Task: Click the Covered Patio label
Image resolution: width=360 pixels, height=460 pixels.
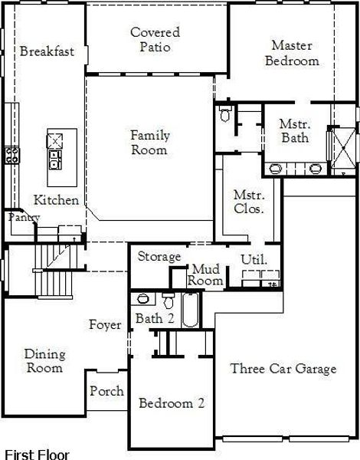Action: (x=155, y=40)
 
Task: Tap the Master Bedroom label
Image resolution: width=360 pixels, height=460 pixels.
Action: (x=292, y=53)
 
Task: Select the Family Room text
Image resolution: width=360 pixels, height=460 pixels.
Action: (x=149, y=143)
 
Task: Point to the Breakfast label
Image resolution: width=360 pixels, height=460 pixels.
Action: (x=47, y=51)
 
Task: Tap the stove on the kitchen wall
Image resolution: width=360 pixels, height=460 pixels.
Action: (x=11, y=155)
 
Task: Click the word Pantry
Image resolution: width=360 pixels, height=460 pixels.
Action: (x=23, y=218)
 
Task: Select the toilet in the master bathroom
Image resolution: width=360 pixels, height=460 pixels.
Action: (x=224, y=116)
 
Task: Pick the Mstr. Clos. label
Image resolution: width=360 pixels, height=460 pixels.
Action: (x=248, y=202)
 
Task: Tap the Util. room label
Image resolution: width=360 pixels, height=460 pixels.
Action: (x=254, y=260)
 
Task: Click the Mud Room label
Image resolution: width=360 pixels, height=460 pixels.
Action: (x=207, y=274)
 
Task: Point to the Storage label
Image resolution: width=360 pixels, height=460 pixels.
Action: (x=159, y=256)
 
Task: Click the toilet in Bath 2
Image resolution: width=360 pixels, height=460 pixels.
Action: (x=169, y=299)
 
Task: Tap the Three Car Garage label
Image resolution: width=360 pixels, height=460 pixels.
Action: (x=283, y=369)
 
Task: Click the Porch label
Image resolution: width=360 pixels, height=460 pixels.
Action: (x=106, y=391)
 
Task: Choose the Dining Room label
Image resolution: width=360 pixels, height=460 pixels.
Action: (x=44, y=361)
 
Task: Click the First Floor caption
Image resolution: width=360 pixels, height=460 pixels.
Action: (x=36, y=454)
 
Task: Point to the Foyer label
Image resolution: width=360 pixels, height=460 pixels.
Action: (x=105, y=325)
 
